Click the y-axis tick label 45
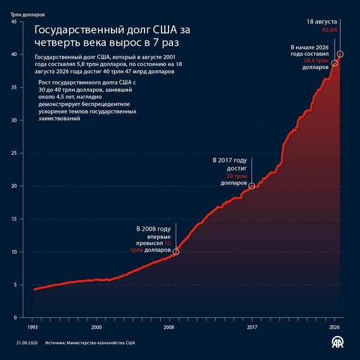[14, 22]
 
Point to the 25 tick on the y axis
[14, 153]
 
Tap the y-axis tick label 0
[15, 318]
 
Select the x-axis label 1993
[32, 327]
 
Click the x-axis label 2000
[96, 327]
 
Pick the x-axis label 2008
[169, 327]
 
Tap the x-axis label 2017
[252, 327]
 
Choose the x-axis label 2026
[334, 327]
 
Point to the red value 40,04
[329, 30]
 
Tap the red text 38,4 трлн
[316, 61]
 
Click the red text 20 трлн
[236, 176]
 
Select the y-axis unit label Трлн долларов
[27, 15]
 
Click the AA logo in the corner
[337, 342]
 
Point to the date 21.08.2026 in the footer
[27, 343]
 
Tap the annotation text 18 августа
[322, 22]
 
